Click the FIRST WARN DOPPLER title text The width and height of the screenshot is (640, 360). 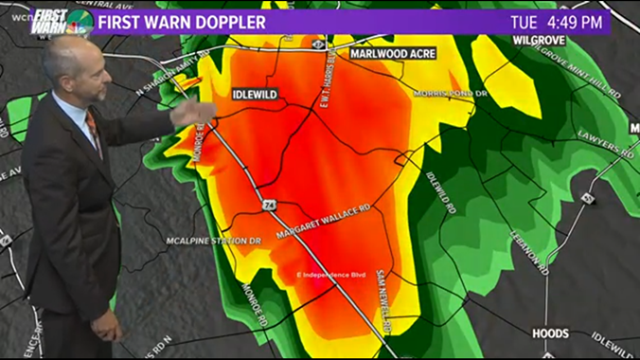[x=182, y=22]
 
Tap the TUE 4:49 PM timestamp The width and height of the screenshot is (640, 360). [x=556, y=22]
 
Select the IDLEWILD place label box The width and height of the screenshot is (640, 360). [x=255, y=94]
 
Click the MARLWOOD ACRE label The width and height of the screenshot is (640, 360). [x=392, y=53]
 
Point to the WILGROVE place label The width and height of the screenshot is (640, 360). [x=538, y=40]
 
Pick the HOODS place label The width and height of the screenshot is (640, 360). [x=550, y=334]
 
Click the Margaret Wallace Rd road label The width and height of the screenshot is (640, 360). [x=324, y=221]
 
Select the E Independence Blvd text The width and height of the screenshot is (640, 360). [x=331, y=275]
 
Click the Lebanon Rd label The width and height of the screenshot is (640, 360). [x=529, y=252]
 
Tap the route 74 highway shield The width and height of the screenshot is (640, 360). [x=268, y=206]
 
